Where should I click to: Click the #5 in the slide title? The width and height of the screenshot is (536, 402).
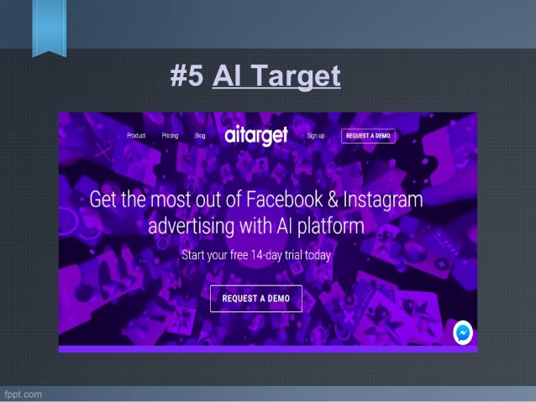click(x=187, y=77)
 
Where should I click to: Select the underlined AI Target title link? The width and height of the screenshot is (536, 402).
click(x=276, y=77)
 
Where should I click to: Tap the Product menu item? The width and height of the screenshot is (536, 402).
click(x=136, y=135)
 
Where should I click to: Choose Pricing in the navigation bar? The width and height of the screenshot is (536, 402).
click(x=170, y=135)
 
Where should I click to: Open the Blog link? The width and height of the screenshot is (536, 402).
click(x=200, y=135)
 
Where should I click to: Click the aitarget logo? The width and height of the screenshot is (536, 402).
click(x=256, y=135)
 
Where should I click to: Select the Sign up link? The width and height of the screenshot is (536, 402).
click(x=316, y=135)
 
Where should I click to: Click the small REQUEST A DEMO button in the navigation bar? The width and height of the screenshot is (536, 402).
click(x=368, y=135)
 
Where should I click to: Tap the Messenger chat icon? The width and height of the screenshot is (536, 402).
click(x=462, y=332)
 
